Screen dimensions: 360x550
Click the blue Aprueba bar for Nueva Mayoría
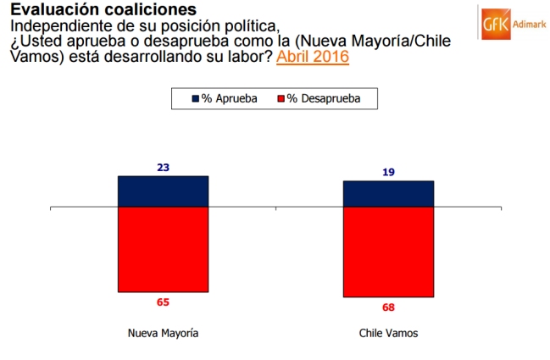(x=163, y=191)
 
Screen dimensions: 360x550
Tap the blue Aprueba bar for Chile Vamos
(x=388, y=193)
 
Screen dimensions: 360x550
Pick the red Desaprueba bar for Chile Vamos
(x=388, y=252)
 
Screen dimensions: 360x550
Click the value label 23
(x=163, y=168)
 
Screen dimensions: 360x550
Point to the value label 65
(x=163, y=301)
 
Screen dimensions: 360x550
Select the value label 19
(x=388, y=172)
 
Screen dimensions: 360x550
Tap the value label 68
(x=388, y=307)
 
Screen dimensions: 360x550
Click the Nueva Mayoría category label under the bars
(x=163, y=333)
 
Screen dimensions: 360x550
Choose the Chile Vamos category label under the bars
(x=388, y=333)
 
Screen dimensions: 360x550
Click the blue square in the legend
(x=196, y=98)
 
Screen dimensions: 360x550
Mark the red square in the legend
(x=281, y=98)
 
